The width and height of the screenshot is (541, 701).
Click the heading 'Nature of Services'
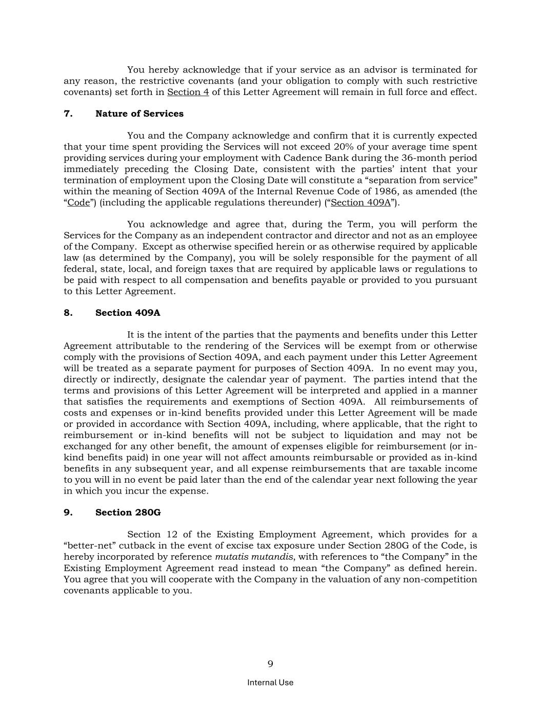click(139, 113)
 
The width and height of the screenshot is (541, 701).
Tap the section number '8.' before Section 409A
click(68, 313)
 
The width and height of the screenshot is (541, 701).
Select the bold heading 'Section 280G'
click(128, 513)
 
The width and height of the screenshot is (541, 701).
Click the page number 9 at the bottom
click(270, 664)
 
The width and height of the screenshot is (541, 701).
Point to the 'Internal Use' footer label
click(270, 683)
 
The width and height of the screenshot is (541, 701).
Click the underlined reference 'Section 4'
click(188, 92)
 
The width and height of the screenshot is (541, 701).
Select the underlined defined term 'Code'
click(78, 203)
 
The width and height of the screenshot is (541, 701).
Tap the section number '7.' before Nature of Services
click(68, 113)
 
